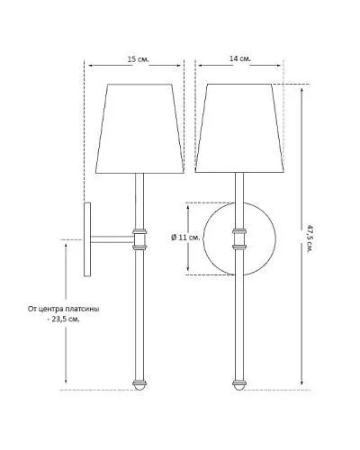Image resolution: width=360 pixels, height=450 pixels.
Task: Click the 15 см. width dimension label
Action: click(x=139, y=59)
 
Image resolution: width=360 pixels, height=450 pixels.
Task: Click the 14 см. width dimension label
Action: click(x=240, y=58)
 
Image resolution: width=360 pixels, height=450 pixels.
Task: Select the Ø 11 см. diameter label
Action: click(x=185, y=238)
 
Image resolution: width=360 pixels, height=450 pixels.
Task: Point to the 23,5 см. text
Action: click(x=66, y=319)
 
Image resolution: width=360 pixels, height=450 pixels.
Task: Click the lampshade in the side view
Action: click(x=139, y=129)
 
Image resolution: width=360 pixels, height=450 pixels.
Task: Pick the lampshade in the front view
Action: click(x=239, y=128)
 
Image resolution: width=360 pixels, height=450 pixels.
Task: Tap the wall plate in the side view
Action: click(x=87, y=239)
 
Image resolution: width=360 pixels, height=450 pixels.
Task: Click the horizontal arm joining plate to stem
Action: click(x=112, y=239)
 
